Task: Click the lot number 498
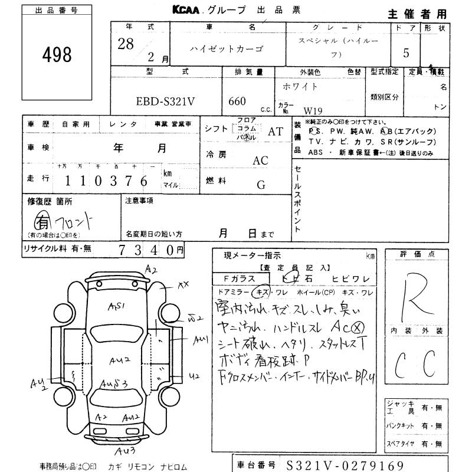coord(57,55)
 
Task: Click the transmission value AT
coord(276,132)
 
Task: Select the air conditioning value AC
coord(260,160)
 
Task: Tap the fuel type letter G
coord(260,185)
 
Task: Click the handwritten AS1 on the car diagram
coord(116,306)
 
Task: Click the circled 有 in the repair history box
coord(42,223)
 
